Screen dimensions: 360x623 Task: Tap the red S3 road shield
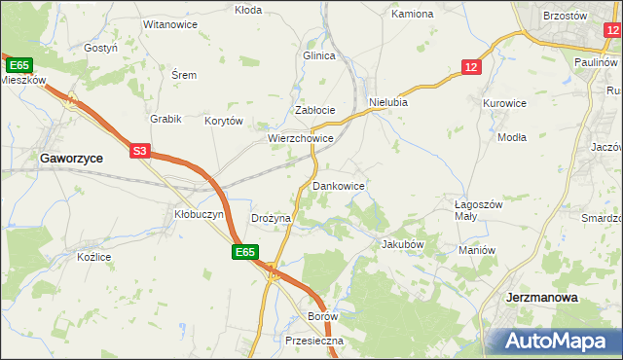click(140, 151)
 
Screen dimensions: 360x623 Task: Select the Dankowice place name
click(338, 185)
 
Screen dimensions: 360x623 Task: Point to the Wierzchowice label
click(301, 139)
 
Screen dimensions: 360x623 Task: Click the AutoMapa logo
click(556, 342)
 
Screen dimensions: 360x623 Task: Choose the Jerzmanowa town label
click(543, 298)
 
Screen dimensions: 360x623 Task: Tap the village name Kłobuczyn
click(199, 214)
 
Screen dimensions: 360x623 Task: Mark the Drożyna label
click(271, 219)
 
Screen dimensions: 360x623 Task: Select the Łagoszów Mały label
click(478, 211)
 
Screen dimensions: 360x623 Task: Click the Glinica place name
click(319, 55)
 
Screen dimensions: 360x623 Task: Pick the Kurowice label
click(504, 102)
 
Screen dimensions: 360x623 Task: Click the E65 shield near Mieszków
click(18, 65)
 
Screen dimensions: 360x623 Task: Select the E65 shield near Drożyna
click(244, 252)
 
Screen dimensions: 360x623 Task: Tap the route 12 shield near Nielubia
click(471, 66)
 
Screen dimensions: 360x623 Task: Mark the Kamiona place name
click(412, 15)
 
